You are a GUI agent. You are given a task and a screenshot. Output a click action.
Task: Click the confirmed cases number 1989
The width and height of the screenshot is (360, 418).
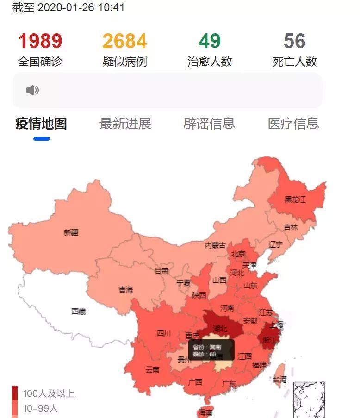pos(40,41)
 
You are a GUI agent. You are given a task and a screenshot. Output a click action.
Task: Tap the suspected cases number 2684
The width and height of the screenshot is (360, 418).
pos(124,41)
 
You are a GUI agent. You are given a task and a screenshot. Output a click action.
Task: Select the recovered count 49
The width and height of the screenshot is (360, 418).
pos(210,41)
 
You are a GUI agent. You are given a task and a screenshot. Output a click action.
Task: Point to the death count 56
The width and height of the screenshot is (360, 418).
pos(295,41)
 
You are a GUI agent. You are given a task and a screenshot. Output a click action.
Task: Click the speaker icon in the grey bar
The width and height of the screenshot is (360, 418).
pos(32,90)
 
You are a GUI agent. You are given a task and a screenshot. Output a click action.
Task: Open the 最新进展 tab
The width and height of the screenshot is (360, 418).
pos(125,124)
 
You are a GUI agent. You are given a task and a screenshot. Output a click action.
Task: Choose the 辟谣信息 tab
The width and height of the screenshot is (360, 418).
pos(209,124)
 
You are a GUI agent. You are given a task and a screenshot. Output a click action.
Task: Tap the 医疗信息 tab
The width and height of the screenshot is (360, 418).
pos(293,124)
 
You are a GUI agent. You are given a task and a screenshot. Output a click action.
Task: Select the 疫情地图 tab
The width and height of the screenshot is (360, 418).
pos(41,124)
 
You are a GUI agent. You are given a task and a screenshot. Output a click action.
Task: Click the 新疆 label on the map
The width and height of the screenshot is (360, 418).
pos(71,232)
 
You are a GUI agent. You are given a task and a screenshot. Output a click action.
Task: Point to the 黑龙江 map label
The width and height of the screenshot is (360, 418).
pos(295,200)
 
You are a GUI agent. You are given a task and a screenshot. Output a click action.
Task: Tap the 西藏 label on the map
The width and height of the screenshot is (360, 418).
pos(79,312)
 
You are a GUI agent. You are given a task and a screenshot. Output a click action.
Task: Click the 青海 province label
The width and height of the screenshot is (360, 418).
pos(125,290)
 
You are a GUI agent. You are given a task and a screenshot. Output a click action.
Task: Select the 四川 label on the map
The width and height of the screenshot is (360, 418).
pos(164,333)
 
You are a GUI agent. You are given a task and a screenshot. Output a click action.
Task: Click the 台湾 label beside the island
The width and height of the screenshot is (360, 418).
pos(279,380)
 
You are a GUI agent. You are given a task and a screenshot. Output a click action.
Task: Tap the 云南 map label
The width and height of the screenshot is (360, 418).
pos(152,369)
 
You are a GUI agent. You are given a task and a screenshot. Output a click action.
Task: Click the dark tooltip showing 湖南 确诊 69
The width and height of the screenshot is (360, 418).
pos(211,350)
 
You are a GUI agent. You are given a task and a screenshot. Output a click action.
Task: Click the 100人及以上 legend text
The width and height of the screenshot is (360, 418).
pos(49,393)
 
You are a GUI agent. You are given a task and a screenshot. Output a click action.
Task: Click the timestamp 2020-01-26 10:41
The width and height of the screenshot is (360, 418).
pos(81,7)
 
